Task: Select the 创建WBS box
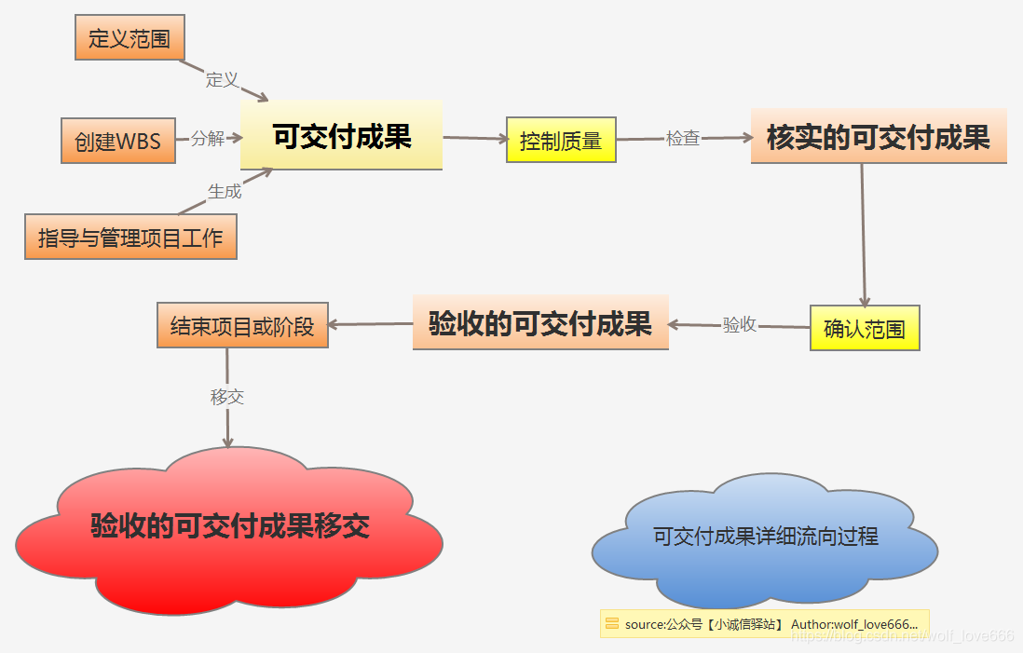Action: click(x=118, y=141)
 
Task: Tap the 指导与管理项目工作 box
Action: click(x=130, y=237)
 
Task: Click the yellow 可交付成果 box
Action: click(x=341, y=136)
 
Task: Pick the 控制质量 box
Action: click(x=561, y=141)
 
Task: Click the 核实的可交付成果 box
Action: click(x=879, y=137)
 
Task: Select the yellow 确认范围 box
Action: click(x=865, y=328)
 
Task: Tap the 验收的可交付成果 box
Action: click(x=540, y=322)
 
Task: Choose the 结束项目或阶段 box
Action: click(x=242, y=326)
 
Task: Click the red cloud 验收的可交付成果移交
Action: click(x=229, y=526)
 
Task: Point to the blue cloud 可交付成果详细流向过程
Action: click(x=765, y=537)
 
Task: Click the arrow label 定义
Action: click(x=223, y=79)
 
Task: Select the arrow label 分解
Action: click(x=208, y=139)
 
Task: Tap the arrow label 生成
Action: click(x=225, y=191)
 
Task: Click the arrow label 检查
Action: click(x=683, y=138)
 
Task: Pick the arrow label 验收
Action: click(x=739, y=325)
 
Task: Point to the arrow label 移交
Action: click(x=227, y=397)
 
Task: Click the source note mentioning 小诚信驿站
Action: click(x=764, y=624)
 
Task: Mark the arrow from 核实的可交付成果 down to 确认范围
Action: click(x=864, y=234)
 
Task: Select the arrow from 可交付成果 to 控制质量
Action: click(x=474, y=138)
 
